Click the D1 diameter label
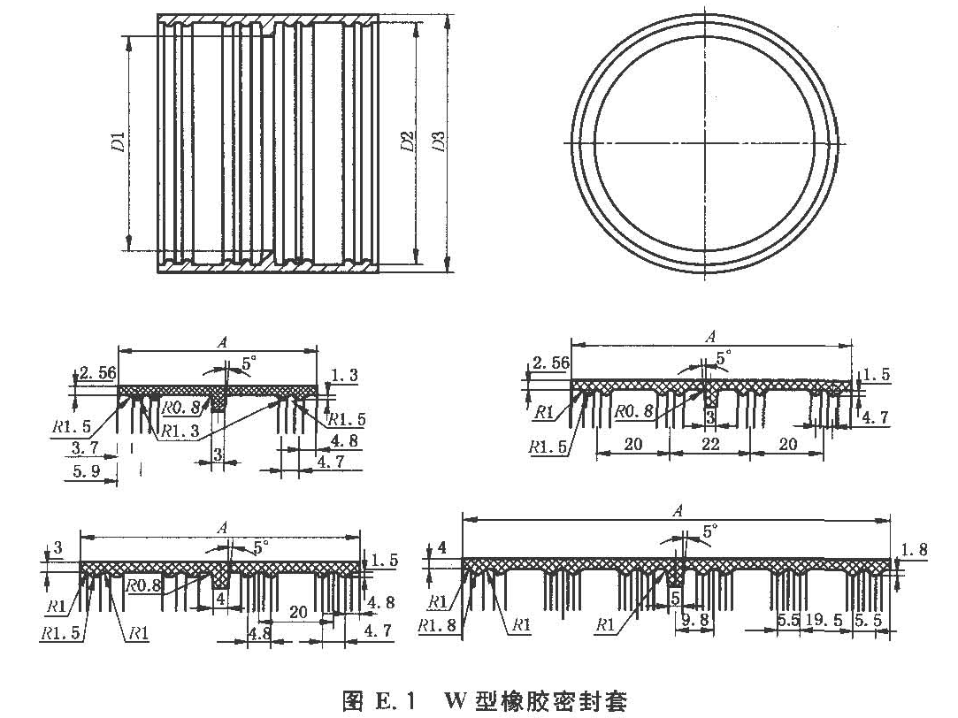(x=118, y=141)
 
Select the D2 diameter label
(x=408, y=141)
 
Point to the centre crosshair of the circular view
(x=704, y=143)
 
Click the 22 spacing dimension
(x=709, y=446)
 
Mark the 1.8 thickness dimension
(x=914, y=550)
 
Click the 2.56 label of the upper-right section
(x=549, y=363)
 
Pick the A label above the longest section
(x=677, y=510)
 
